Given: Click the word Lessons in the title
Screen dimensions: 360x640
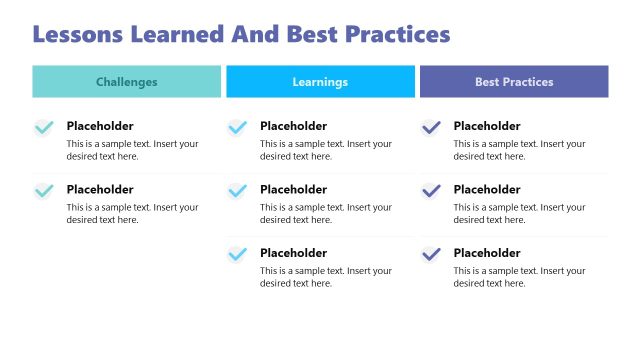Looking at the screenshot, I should pyautogui.click(x=81, y=34).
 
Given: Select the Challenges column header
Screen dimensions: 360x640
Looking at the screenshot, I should pyautogui.click(x=126, y=82).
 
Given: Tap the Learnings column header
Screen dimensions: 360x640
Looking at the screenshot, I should pyautogui.click(x=320, y=82).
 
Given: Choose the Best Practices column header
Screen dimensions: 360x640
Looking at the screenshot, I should pyautogui.click(x=514, y=82).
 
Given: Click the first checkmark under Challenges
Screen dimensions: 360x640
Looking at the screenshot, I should pyautogui.click(x=44, y=128).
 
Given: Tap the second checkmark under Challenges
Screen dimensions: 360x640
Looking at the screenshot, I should pyautogui.click(x=44, y=191).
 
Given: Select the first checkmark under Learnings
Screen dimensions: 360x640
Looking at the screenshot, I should pyautogui.click(x=237, y=128).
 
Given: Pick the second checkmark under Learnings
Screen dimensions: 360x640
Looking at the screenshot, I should pyautogui.click(x=237, y=191).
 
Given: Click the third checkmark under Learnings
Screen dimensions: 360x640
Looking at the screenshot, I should pyautogui.click(x=237, y=255).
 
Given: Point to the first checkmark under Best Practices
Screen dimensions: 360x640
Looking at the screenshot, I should pyautogui.click(x=431, y=128).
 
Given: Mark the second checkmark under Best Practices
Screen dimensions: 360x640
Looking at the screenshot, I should pyautogui.click(x=431, y=191).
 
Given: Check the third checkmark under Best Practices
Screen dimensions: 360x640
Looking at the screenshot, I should pyautogui.click(x=431, y=255).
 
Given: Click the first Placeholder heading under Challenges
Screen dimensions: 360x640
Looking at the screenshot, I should pyautogui.click(x=100, y=126).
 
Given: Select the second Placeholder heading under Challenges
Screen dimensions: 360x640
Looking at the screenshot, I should pyautogui.click(x=100, y=190).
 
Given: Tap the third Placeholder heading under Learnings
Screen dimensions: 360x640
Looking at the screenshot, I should pyautogui.click(x=293, y=253).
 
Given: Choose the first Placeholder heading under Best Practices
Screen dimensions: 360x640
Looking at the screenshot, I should pyautogui.click(x=487, y=126).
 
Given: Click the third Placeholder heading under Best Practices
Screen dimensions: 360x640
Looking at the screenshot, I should pyautogui.click(x=487, y=253).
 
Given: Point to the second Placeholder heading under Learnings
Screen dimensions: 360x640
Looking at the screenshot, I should pyautogui.click(x=293, y=190).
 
